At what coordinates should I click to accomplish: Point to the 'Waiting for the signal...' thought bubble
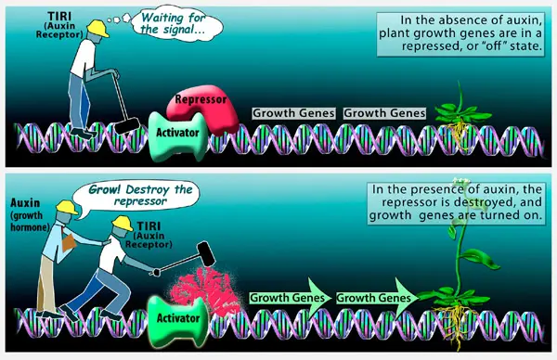coord(176,23)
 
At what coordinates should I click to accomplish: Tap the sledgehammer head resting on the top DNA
coord(127,126)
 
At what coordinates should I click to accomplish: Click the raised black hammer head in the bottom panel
coord(206,253)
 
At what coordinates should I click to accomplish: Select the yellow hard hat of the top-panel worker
coord(98,28)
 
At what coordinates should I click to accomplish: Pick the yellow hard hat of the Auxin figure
coord(67,207)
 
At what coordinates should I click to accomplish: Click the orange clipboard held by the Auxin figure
coord(68,241)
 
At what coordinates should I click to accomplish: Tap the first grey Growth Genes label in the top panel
coord(293,113)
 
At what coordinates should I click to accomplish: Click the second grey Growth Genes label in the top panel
coord(385,113)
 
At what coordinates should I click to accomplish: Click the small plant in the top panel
coord(461,117)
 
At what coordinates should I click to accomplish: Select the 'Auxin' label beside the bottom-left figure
coord(25,203)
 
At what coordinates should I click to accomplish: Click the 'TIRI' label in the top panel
coord(59,17)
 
